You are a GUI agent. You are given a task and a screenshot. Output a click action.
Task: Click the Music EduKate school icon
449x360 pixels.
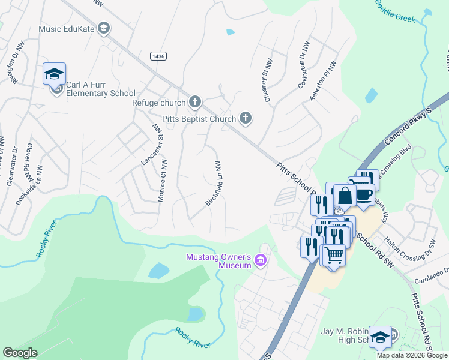[104, 29]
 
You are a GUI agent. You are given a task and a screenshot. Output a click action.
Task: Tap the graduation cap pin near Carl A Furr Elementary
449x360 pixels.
[54, 74]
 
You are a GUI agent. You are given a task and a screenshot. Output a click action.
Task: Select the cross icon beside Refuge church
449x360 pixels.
[194, 102]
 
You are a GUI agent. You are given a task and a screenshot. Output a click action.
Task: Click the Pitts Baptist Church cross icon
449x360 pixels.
[245, 118]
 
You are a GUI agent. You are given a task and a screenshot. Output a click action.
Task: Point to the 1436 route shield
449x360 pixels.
[158, 55]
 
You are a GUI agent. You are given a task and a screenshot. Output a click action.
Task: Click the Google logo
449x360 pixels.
[20, 353]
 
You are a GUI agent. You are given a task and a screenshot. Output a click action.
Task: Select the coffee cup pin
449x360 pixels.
[364, 194]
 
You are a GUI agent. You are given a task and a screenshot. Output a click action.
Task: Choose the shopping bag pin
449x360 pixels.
[345, 196]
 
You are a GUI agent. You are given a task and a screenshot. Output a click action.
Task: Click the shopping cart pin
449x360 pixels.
[334, 254]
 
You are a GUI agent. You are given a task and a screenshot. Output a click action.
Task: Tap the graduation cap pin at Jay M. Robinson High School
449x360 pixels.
[379, 337]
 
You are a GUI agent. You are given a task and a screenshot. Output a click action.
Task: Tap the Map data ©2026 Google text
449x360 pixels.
[412, 355]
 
